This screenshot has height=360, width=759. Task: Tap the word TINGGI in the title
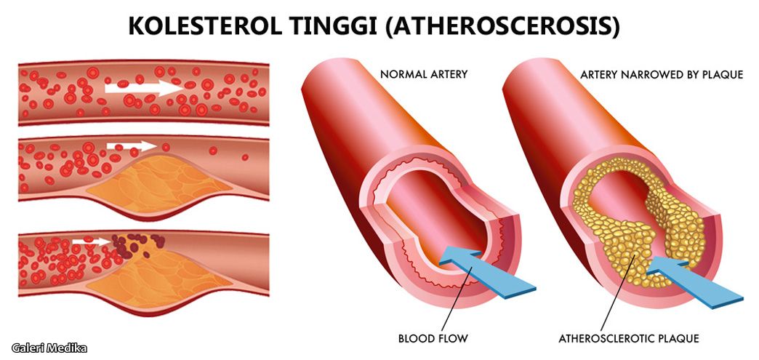click(x=336, y=26)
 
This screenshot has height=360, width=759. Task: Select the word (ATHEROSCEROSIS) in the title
click(x=503, y=27)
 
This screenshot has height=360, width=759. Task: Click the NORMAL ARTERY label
click(x=424, y=75)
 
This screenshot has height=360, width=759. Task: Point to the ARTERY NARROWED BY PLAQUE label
click(x=662, y=75)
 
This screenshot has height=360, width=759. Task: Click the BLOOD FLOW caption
click(x=433, y=338)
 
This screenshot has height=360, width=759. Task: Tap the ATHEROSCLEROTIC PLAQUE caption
click(x=629, y=338)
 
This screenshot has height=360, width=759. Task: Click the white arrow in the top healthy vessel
click(x=144, y=88)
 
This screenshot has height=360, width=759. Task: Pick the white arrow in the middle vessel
click(x=132, y=146)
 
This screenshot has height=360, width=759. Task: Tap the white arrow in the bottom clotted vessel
click(x=92, y=241)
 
